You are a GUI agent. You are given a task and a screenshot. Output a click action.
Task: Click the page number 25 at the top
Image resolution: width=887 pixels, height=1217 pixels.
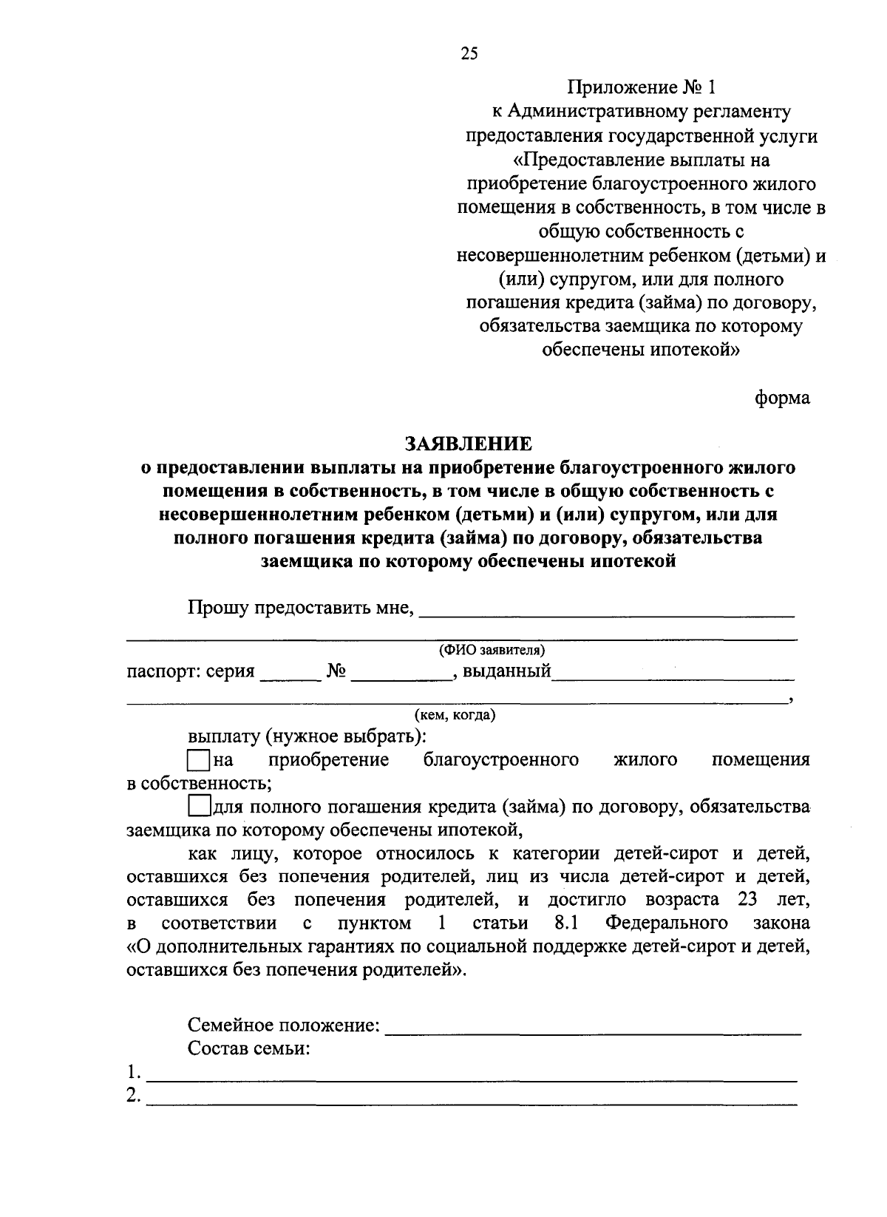tap(469, 52)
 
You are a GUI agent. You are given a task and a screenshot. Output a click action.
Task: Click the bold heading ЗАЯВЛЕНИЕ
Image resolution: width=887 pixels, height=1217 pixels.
tap(468, 444)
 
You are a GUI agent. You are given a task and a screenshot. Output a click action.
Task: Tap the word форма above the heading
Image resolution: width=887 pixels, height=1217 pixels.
tap(782, 398)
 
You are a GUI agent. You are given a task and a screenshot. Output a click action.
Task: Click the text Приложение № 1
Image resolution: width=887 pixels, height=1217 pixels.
tap(642, 88)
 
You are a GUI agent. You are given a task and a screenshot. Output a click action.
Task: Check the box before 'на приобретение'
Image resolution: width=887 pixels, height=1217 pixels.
tap(199, 760)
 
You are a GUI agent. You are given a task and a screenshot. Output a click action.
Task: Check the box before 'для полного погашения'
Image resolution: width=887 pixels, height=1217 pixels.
tap(199, 806)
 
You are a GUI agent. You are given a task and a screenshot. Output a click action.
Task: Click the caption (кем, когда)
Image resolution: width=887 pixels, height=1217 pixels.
tap(455, 715)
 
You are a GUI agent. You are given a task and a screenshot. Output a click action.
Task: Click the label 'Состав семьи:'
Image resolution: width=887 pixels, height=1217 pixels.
tap(248, 1048)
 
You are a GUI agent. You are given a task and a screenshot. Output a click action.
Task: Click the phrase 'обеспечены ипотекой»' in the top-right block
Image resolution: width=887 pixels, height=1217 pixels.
tap(641, 350)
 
